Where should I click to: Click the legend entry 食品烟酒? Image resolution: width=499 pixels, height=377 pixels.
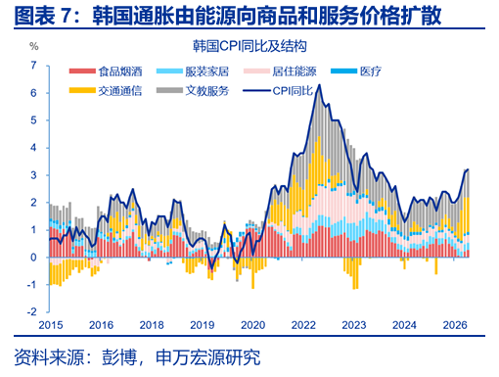point(106,71)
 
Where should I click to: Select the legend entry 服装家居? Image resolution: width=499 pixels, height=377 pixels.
point(193,71)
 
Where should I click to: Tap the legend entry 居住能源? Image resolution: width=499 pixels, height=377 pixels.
point(280,71)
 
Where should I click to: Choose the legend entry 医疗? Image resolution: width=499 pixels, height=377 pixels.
point(356,71)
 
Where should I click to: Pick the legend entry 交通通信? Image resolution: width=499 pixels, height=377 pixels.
point(106,90)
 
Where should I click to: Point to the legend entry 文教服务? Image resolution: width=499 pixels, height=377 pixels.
point(193,90)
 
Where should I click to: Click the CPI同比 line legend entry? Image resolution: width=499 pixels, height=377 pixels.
point(278,90)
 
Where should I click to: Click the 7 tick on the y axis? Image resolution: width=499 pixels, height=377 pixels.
point(33,66)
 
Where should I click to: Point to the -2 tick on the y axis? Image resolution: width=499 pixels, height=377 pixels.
point(32,312)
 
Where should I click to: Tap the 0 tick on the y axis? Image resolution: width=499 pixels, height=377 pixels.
point(33,258)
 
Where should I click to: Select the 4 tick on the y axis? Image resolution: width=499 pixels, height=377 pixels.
point(33,148)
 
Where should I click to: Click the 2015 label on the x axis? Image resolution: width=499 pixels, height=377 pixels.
point(51,325)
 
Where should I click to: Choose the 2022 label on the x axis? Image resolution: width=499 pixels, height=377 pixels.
point(303,325)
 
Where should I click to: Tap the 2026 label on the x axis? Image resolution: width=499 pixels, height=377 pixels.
point(455,325)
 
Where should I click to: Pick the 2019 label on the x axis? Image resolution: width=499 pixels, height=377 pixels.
point(203,325)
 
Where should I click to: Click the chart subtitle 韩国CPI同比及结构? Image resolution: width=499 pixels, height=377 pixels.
point(249,46)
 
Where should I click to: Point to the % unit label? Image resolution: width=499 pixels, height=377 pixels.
point(34,46)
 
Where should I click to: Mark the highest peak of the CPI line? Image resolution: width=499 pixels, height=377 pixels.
point(319,85)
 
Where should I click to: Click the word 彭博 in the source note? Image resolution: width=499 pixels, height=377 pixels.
point(119,357)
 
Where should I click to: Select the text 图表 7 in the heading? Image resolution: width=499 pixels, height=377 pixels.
point(42,16)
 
